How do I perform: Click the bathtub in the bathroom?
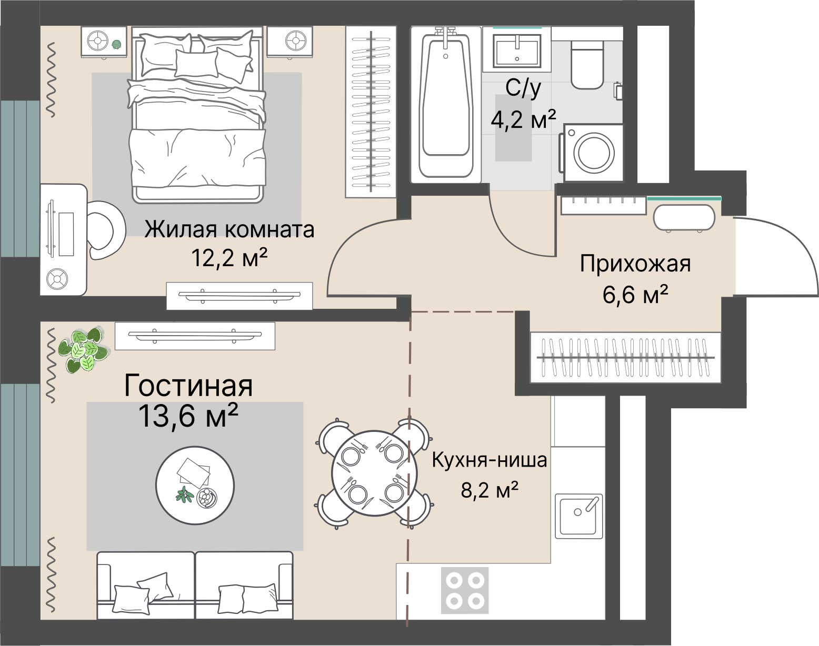[x=446, y=103]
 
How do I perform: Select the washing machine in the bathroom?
[x=593, y=153]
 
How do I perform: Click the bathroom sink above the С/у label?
[x=517, y=50]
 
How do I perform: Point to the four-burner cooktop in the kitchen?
[x=465, y=590]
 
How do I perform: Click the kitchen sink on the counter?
[x=578, y=516]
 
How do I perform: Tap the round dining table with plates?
[x=374, y=473]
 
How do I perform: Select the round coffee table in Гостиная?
[x=195, y=485]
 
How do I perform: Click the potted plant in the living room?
[x=83, y=349]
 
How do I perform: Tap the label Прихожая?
[x=635, y=264]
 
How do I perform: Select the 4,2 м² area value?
[x=523, y=119]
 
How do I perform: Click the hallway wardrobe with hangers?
[x=625, y=358]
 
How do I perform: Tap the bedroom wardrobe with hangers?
[x=371, y=112]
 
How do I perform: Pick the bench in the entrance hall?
[x=684, y=217]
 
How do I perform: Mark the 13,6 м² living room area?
[x=188, y=417]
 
